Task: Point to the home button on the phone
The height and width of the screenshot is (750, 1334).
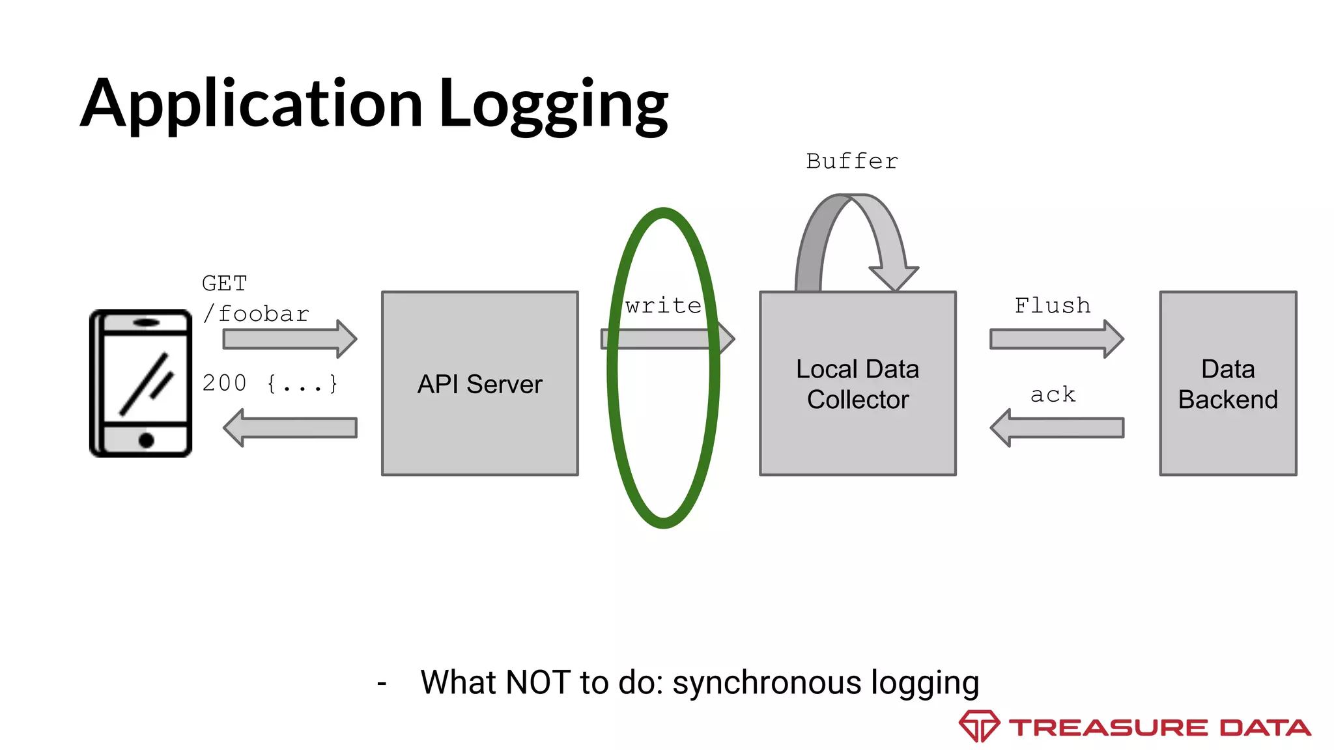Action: click(x=147, y=441)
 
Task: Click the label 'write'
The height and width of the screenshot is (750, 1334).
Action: click(x=663, y=305)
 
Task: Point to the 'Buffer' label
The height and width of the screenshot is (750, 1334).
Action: click(x=852, y=161)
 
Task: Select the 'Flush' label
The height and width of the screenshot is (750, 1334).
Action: click(x=1052, y=305)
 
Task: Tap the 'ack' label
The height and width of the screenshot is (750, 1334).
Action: click(x=1053, y=395)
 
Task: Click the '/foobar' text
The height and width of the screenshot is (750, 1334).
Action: click(x=256, y=314)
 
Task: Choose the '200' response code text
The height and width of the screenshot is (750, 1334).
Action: click(x=224, y=383)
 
